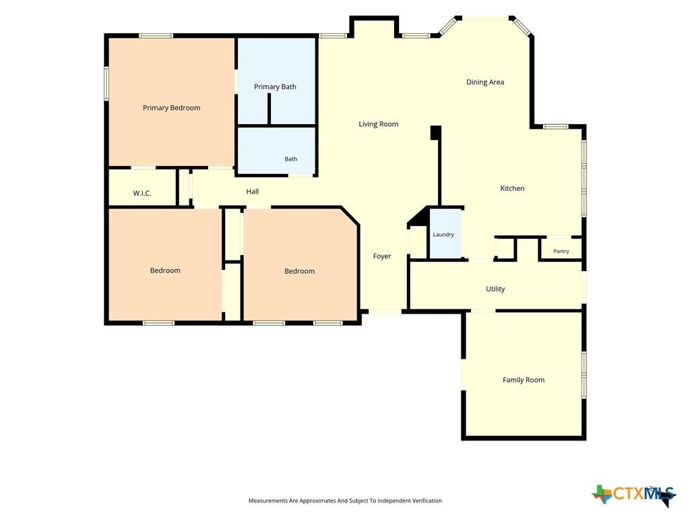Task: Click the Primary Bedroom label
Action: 172,108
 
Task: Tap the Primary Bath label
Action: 275,87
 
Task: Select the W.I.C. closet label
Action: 142,193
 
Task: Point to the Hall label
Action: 253,192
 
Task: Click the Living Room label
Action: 379,124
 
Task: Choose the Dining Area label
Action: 485,82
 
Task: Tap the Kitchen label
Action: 512,189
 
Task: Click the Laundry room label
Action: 443,234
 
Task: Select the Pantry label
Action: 561,251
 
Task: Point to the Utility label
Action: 495,289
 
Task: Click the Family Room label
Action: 524,380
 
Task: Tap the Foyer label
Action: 382,256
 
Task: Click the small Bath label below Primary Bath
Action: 291,159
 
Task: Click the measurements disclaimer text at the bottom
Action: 345,500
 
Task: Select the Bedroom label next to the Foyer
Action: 300,271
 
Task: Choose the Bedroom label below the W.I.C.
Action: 165,270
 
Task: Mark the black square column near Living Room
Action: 436,133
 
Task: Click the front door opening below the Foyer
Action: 385,312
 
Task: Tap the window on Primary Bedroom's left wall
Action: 106,83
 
